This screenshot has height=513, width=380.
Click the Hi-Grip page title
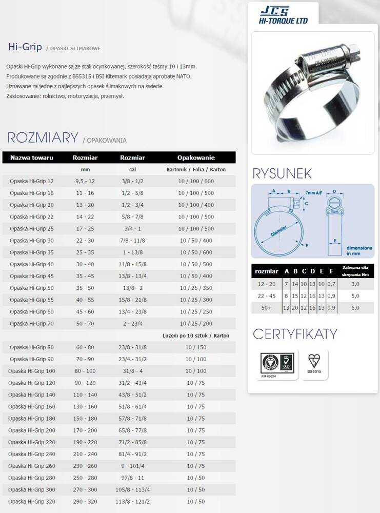24,47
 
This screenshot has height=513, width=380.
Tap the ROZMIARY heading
43,137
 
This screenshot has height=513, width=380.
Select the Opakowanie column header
196,157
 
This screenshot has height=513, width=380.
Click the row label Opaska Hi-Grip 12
31,181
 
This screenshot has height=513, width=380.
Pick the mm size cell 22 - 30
85,240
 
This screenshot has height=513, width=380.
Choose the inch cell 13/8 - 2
132,288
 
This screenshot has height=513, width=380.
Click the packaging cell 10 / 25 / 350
196,288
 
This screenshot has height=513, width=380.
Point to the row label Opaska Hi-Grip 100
32,370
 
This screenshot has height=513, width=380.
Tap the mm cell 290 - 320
85,501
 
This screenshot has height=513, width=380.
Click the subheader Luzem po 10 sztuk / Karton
195,335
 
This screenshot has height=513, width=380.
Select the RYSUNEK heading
282,173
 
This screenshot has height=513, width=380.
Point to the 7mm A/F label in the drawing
314,192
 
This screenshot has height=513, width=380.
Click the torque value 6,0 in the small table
355,308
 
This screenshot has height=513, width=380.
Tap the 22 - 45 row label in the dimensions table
266,295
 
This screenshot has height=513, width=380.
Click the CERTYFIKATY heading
295,334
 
